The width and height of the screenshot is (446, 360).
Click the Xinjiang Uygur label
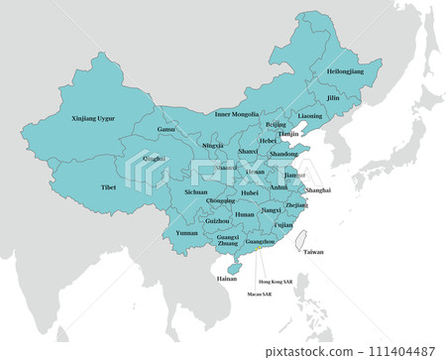[93, 118]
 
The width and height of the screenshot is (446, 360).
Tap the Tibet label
[108, 186]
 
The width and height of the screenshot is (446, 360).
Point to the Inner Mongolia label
[237, 114]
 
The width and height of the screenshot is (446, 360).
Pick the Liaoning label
[309, 116]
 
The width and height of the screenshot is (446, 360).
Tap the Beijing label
[276, 125]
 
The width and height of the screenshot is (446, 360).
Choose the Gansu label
[166, 129]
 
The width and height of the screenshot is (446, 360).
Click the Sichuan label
[196, 191]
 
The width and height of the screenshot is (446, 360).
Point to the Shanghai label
[318, 188]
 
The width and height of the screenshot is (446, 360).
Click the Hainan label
[227, 279]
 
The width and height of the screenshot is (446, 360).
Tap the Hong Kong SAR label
[275, 282]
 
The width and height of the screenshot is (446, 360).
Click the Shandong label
[283, 154]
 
